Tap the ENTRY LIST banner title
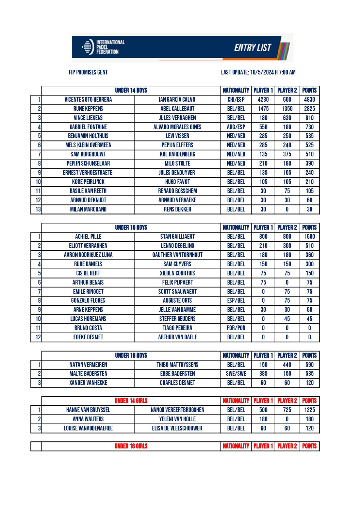(252, 48)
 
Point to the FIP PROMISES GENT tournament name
(88, 72)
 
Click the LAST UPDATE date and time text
(258, 72)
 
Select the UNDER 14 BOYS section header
(131, 90)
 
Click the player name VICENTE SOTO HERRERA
(88, 100)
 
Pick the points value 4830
(309, 100)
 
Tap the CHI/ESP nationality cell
(236, 100)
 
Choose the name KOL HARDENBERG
(177, 154)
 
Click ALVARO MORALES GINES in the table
(177, 127)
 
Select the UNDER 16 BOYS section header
(131, 227)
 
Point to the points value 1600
(309, 237)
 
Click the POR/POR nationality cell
(236, 328)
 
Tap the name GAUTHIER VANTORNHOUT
(177, 255)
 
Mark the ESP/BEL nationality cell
(236, 301)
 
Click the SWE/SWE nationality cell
(236, 374)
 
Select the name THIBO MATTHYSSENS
(177, 365)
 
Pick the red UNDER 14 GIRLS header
(131, 401)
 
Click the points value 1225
(309, 410)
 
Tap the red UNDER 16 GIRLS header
(131, 446)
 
